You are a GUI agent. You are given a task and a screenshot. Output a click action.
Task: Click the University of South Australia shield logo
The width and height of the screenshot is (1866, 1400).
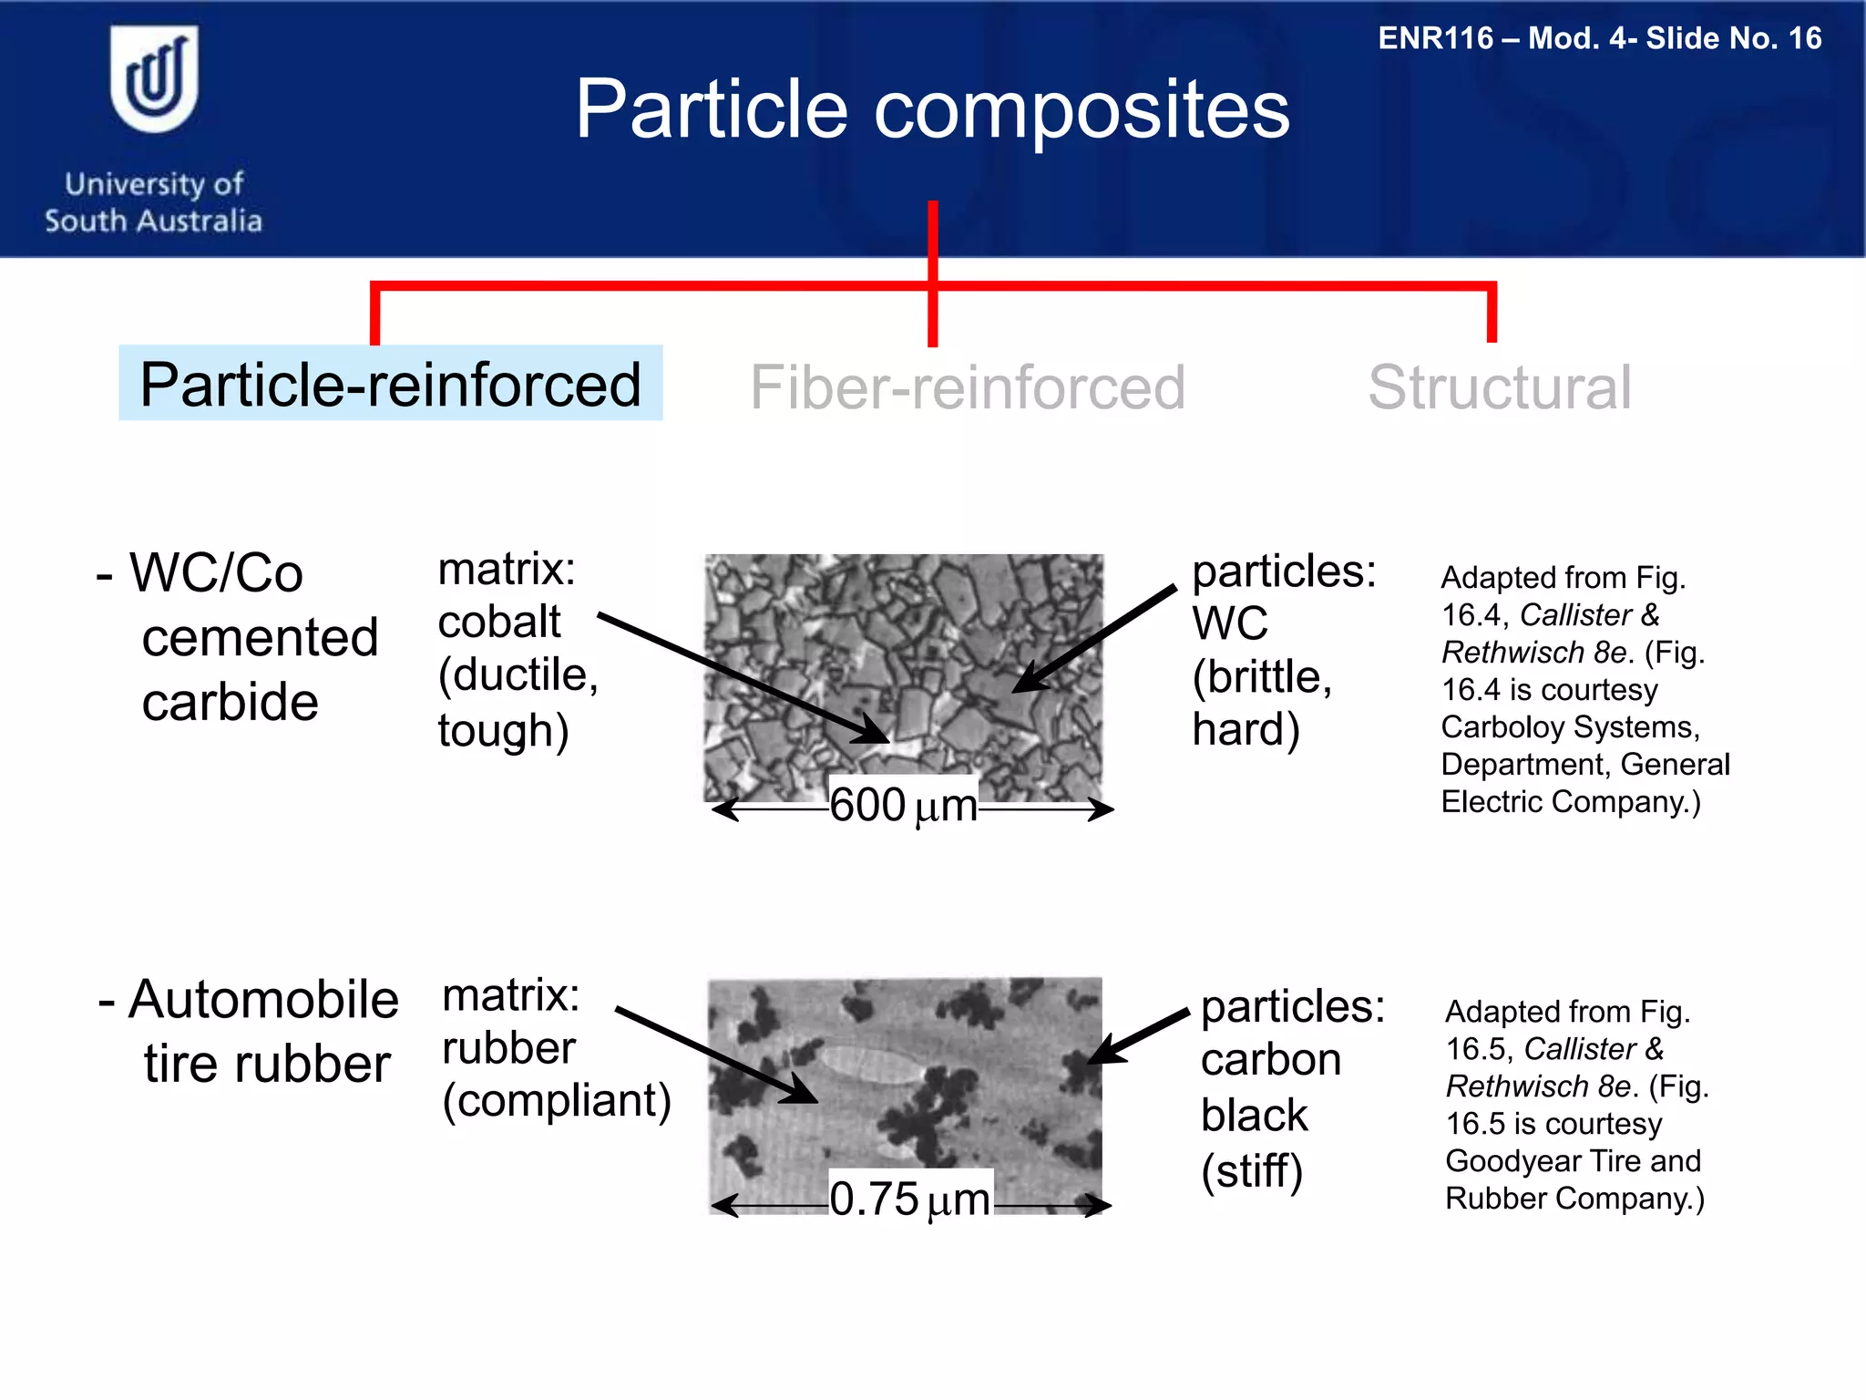click(153, 80)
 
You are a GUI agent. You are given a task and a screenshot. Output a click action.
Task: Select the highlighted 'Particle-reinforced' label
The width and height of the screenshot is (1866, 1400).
click(390, 384)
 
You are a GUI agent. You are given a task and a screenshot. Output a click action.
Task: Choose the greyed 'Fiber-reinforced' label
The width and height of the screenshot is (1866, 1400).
click(967, 387)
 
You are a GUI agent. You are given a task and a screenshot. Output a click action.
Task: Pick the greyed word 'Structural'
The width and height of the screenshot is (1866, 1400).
click(1499, 387)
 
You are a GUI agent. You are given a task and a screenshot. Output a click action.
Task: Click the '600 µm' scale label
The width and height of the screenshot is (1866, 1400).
click(903, 806)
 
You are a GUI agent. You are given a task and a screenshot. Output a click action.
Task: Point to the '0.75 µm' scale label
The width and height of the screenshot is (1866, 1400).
click(909, 1199)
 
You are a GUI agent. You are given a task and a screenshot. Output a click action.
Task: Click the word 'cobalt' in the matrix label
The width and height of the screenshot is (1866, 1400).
click(498, 623)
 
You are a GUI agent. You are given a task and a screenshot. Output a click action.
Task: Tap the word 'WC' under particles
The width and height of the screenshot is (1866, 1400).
click(1229, 624)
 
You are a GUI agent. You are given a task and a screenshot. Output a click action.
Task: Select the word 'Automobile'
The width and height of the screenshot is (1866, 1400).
click(263, 1000)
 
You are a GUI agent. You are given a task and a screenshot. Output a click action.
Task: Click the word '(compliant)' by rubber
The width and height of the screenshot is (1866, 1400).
click(557, 1100)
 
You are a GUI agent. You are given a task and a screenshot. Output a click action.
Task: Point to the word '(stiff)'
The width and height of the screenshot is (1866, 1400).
click(1252, 1171)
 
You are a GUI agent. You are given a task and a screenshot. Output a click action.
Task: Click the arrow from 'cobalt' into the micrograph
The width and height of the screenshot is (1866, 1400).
click(743, 677)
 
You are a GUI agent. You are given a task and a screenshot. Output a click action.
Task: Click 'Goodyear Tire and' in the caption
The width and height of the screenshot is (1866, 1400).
click(1573, 1161)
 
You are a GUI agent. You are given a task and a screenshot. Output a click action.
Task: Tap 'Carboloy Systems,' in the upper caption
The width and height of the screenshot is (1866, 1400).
click(1570, 727)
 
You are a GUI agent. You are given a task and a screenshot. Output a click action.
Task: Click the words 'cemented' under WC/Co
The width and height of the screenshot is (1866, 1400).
click(260, 637)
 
